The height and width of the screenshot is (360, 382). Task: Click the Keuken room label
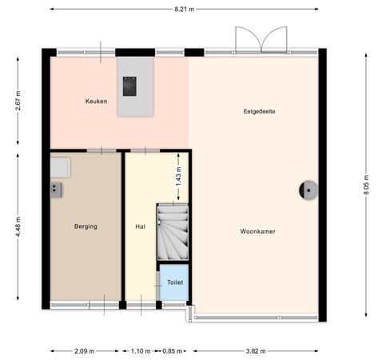[96, 102]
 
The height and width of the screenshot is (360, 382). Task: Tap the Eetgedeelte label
[259, 111]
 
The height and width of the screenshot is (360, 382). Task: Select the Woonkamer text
[257, 231]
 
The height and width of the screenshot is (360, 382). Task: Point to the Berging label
[86, 226]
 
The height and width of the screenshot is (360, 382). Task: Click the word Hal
[140, 226]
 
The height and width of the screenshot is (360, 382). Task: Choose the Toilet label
[173, 283]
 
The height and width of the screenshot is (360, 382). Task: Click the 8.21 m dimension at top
[185, 9]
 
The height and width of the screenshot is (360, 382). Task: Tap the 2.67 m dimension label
[17, 99]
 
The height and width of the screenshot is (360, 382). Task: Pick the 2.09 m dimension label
[84, 350]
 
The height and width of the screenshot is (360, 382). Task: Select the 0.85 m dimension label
[171, 350]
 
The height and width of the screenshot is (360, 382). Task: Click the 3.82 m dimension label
[257, 350]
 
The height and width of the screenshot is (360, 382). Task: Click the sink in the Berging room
[58, 166]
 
